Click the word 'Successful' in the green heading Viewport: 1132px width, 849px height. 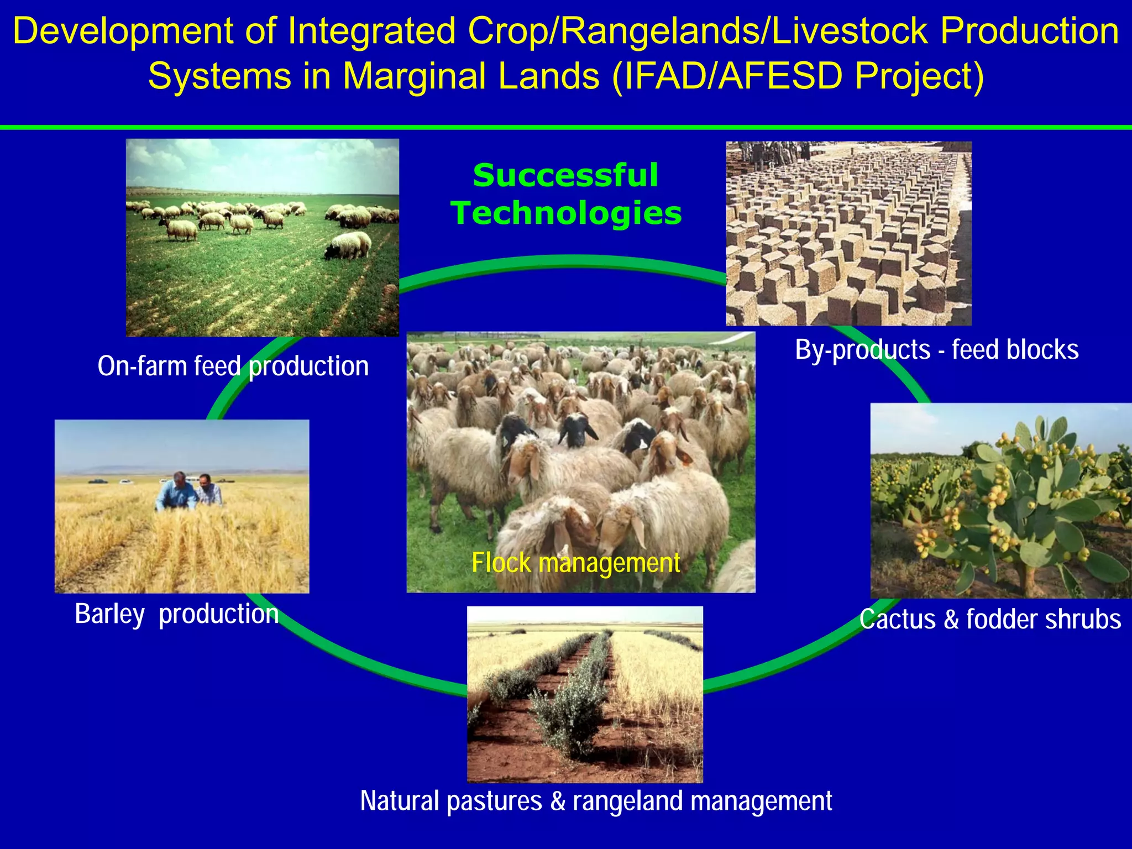pos(565,176)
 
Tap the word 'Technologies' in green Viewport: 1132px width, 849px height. pos(566,213)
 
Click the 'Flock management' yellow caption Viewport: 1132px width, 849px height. pos(575,563)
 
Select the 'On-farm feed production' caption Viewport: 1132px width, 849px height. pos(233,366)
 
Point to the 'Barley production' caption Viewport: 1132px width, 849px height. pos(176,614)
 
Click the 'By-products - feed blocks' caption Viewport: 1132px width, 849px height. pos(936,350)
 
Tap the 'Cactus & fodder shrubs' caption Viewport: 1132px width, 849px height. pos(990,619)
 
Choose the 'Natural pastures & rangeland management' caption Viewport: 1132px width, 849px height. pos(596,801)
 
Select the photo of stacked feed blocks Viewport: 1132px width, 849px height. pos(848,233)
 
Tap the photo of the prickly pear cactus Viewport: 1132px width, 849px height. pos(1000,500)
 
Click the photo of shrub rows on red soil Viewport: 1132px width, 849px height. pos(585,694)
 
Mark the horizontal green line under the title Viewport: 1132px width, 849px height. pos(566,128)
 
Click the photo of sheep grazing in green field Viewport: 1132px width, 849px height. pos(262,238)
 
